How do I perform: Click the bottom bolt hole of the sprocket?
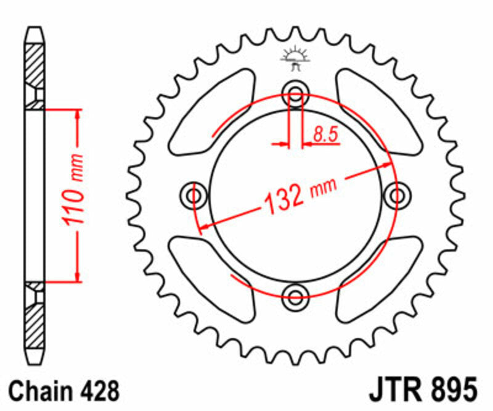click(295, 292)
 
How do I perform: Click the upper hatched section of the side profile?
click(35, 68)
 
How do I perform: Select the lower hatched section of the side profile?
click(35, 321)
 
